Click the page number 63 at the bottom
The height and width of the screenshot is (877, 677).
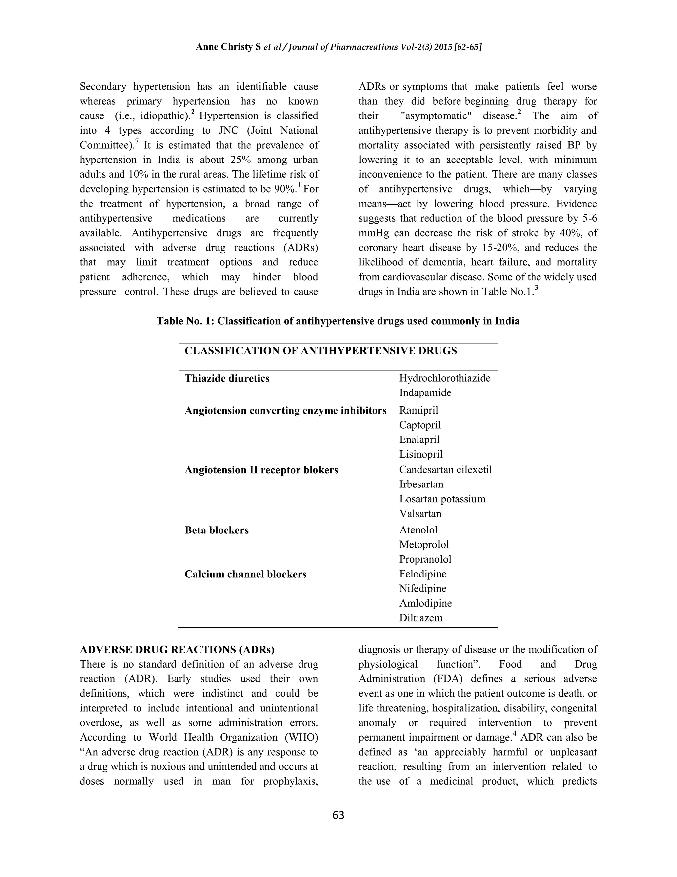coord(338,815)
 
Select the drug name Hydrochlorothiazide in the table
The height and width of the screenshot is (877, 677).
coord(444,378)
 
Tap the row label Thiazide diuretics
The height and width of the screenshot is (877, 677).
coord(227,378)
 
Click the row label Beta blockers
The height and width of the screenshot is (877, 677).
coord(217,530)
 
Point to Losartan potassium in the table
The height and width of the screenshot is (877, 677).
coord(442,499)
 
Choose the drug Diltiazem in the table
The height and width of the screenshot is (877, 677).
coord(421,618)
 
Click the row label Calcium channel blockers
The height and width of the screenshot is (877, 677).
coord(246,574)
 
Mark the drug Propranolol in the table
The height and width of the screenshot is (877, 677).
coord(425,559)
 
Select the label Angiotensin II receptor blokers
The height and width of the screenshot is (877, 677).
coord(261,470)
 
